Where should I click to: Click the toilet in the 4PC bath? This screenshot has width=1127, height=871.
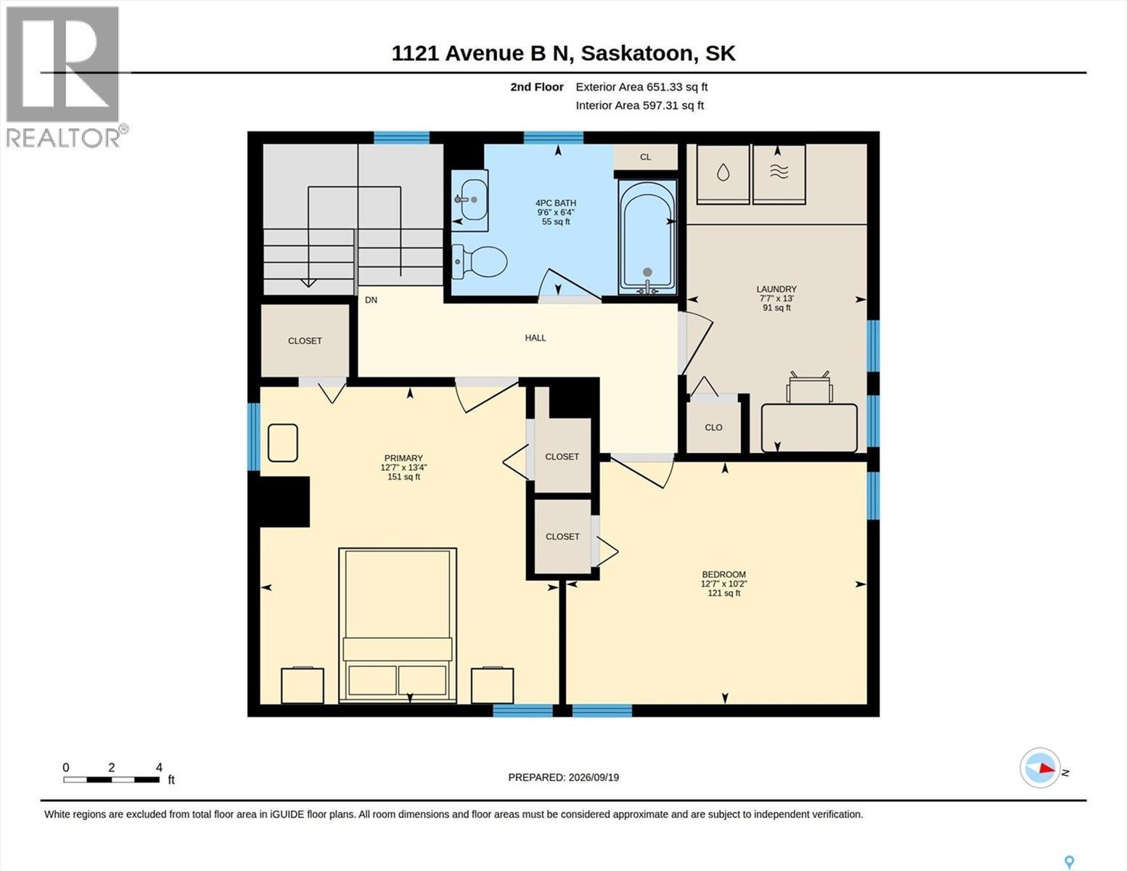click(479, 261)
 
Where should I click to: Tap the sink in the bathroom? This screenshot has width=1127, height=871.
click(471, 200)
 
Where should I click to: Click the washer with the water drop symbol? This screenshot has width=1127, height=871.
click(723, 173)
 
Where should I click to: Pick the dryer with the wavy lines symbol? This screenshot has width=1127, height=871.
click(779, 173)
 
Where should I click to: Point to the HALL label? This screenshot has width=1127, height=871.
click(536, 338)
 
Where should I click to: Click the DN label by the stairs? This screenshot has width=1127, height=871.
click(371, 300)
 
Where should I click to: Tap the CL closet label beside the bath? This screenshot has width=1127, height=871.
click(645, 158)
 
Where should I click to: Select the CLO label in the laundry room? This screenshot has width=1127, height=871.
click(713, 428)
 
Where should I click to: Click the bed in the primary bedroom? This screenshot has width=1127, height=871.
click(398, 625)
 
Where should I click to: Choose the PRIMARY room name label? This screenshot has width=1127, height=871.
click(403, 458)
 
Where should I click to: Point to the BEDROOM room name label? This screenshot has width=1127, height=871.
click(724, 574)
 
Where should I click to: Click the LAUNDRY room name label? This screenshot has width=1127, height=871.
click(776, 289)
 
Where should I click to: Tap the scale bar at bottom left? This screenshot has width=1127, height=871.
click(112, 780)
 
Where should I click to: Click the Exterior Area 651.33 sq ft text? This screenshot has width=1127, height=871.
click(642, 87)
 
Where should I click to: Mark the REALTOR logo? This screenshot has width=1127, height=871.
click(65, 77)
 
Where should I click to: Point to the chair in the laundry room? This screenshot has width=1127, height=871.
click(809, 387)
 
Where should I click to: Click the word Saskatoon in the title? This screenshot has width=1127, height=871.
click(636, 54)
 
